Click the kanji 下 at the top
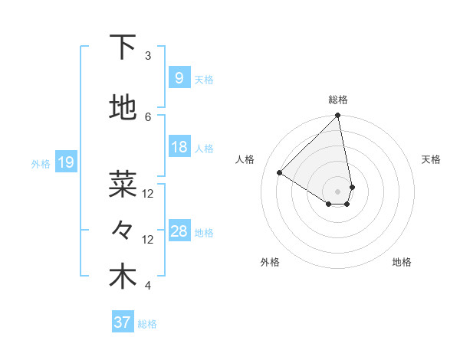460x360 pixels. coord(123,47)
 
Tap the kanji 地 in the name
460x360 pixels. coord(123,108)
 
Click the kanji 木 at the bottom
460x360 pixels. coord(123,277)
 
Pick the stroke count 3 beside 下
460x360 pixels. coord(148,56)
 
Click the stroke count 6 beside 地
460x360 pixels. coord(148,116)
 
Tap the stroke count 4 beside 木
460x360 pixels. coord(148,286)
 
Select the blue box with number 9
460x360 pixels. coord(179,77)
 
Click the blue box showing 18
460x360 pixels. coord(179,147)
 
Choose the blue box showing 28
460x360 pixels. coord(179,231)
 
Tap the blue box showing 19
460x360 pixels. coord(65,162)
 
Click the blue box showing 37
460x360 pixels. coord(122,322)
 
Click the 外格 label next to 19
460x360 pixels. coord(41,163)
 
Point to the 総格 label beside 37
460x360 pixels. coord(147,324)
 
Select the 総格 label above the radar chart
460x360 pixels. coord(338,100)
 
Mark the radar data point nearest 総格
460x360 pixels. coord(338,116)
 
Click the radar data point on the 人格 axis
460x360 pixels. coord(280,173)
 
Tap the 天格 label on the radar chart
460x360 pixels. coord(432,159)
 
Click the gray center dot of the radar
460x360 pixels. coord(338,191)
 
